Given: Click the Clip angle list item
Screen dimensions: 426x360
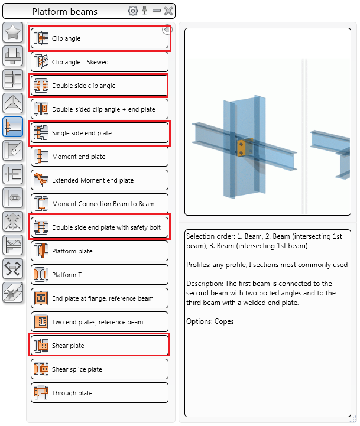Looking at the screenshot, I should click(x=99, y=38).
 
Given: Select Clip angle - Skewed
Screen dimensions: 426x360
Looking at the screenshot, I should click(x=99, y=62).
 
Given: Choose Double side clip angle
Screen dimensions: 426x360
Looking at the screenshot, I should click(x=99, y=86).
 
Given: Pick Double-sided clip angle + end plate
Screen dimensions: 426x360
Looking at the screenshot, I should click(x=99, y=109).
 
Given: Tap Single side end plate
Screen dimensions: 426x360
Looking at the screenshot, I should click(x=99, y=133).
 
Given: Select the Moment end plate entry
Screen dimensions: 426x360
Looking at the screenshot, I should click(x=99, y=157).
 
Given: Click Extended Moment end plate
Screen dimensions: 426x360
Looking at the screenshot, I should click(x=99, y=180).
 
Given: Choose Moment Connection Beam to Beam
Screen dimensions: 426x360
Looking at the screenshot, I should click(x=99, y=204).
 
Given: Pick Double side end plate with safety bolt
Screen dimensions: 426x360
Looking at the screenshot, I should click(x=99, y=227).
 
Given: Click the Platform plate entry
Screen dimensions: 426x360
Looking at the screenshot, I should click(x=99, y=251).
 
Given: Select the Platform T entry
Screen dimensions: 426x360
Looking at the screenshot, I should click(x=99, y=275).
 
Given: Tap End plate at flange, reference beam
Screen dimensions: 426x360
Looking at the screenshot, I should click(x=99, y=298).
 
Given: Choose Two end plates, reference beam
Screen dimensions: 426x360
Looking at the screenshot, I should click(x=99, y=322).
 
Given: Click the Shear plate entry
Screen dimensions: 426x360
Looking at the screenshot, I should click(x=99, y=346).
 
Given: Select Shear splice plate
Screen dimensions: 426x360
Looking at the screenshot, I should click(x=99, y=369).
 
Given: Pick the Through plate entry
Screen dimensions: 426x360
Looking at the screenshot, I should click(x=99, y=393).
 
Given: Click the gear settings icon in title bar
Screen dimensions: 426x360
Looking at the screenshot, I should click(x=132, y=11).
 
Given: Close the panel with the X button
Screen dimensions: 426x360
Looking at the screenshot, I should click(x=168, y=11).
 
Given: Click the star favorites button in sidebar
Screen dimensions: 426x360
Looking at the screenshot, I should click(x=13, y=32).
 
